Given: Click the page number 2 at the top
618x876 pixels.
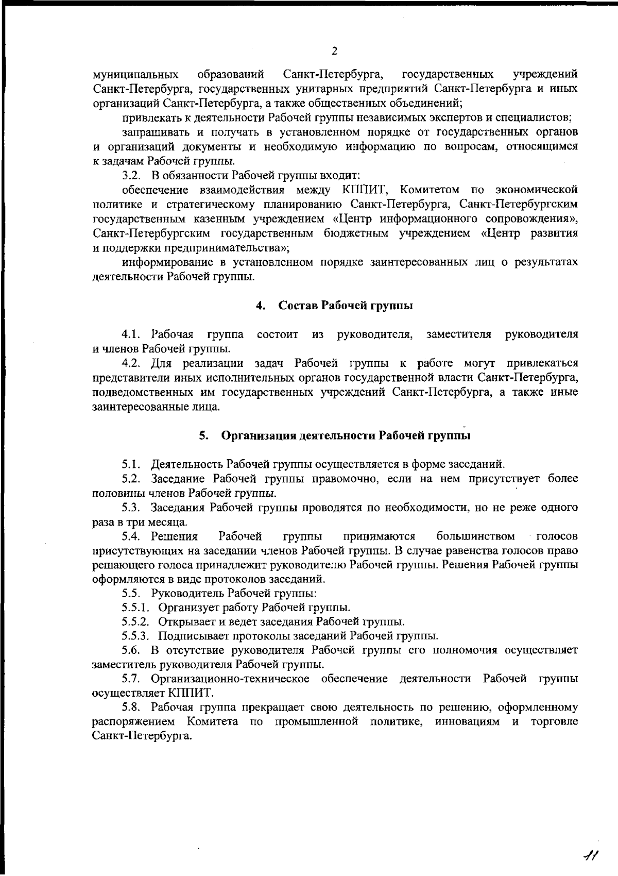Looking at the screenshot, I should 334,51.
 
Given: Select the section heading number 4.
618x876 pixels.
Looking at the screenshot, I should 260,306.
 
